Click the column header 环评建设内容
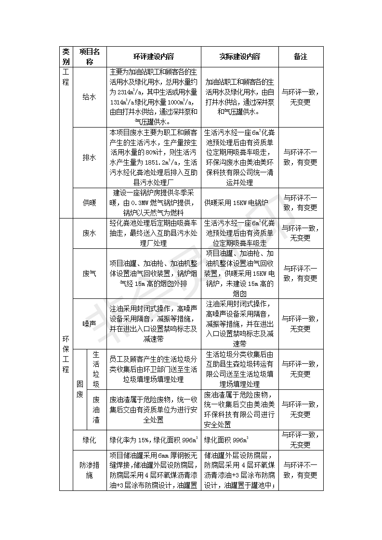(154, 56)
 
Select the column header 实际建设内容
(239, 56)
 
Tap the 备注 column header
(301, 56)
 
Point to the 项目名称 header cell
(90, 56)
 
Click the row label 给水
(90, 97)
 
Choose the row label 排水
(90, 157)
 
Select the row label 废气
(90, 273)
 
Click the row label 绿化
(90, 440)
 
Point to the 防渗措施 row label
(90, 470)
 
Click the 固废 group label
(79, 389)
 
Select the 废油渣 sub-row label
(96, 410)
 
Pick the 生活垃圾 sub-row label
(96, 369)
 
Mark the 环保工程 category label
(66, 354)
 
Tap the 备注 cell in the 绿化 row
(301, 440)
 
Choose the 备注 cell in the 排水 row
(301, 157)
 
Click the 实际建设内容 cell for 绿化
(239, 440)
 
